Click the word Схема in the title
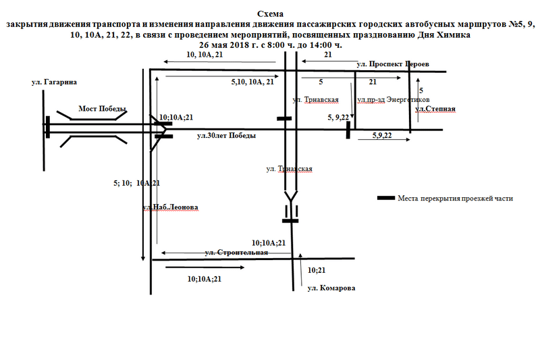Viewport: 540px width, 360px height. coord(271,14)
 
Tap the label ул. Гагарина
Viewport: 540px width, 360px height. coord(54,82)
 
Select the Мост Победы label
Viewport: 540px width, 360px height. coord(103,109)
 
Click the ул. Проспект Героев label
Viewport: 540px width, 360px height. coord(392,64)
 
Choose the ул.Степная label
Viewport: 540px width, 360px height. coord(435,109)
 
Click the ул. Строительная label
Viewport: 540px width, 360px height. coord(236,253)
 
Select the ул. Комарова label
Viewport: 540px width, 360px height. coord(331,288)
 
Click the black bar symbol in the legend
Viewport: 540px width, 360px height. coord(385,199)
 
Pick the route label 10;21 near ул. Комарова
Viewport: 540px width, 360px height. coord(317,270)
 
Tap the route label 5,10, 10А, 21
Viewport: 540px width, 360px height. coord(252,82)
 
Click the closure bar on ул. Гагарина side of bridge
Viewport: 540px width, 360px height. coord(48,126)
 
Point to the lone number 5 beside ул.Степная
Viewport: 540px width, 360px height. coord(421,90)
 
